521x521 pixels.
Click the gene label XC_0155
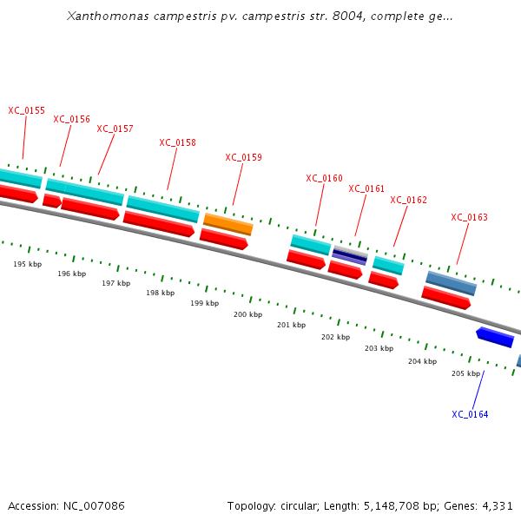point(26,110)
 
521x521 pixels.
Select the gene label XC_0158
point(177,142)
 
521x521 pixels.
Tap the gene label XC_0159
point(243,157)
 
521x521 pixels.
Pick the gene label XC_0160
point(324,178)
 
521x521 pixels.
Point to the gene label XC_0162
point(408,200)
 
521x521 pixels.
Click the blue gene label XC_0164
point(470,414)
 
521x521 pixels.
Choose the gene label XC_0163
point(469,217)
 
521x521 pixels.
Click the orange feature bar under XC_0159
point(228,224)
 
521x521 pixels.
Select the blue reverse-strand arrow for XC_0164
point(495,337)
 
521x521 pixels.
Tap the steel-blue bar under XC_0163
point(451,282)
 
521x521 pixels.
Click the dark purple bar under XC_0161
point(350,255)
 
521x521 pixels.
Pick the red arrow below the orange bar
point(224,239)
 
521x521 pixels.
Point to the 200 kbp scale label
point(247,314)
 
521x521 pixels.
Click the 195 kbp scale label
point(27,264)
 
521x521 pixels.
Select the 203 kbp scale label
point(379,348)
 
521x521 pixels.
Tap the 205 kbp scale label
point(465,373)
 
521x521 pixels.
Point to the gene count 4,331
point(497,505)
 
